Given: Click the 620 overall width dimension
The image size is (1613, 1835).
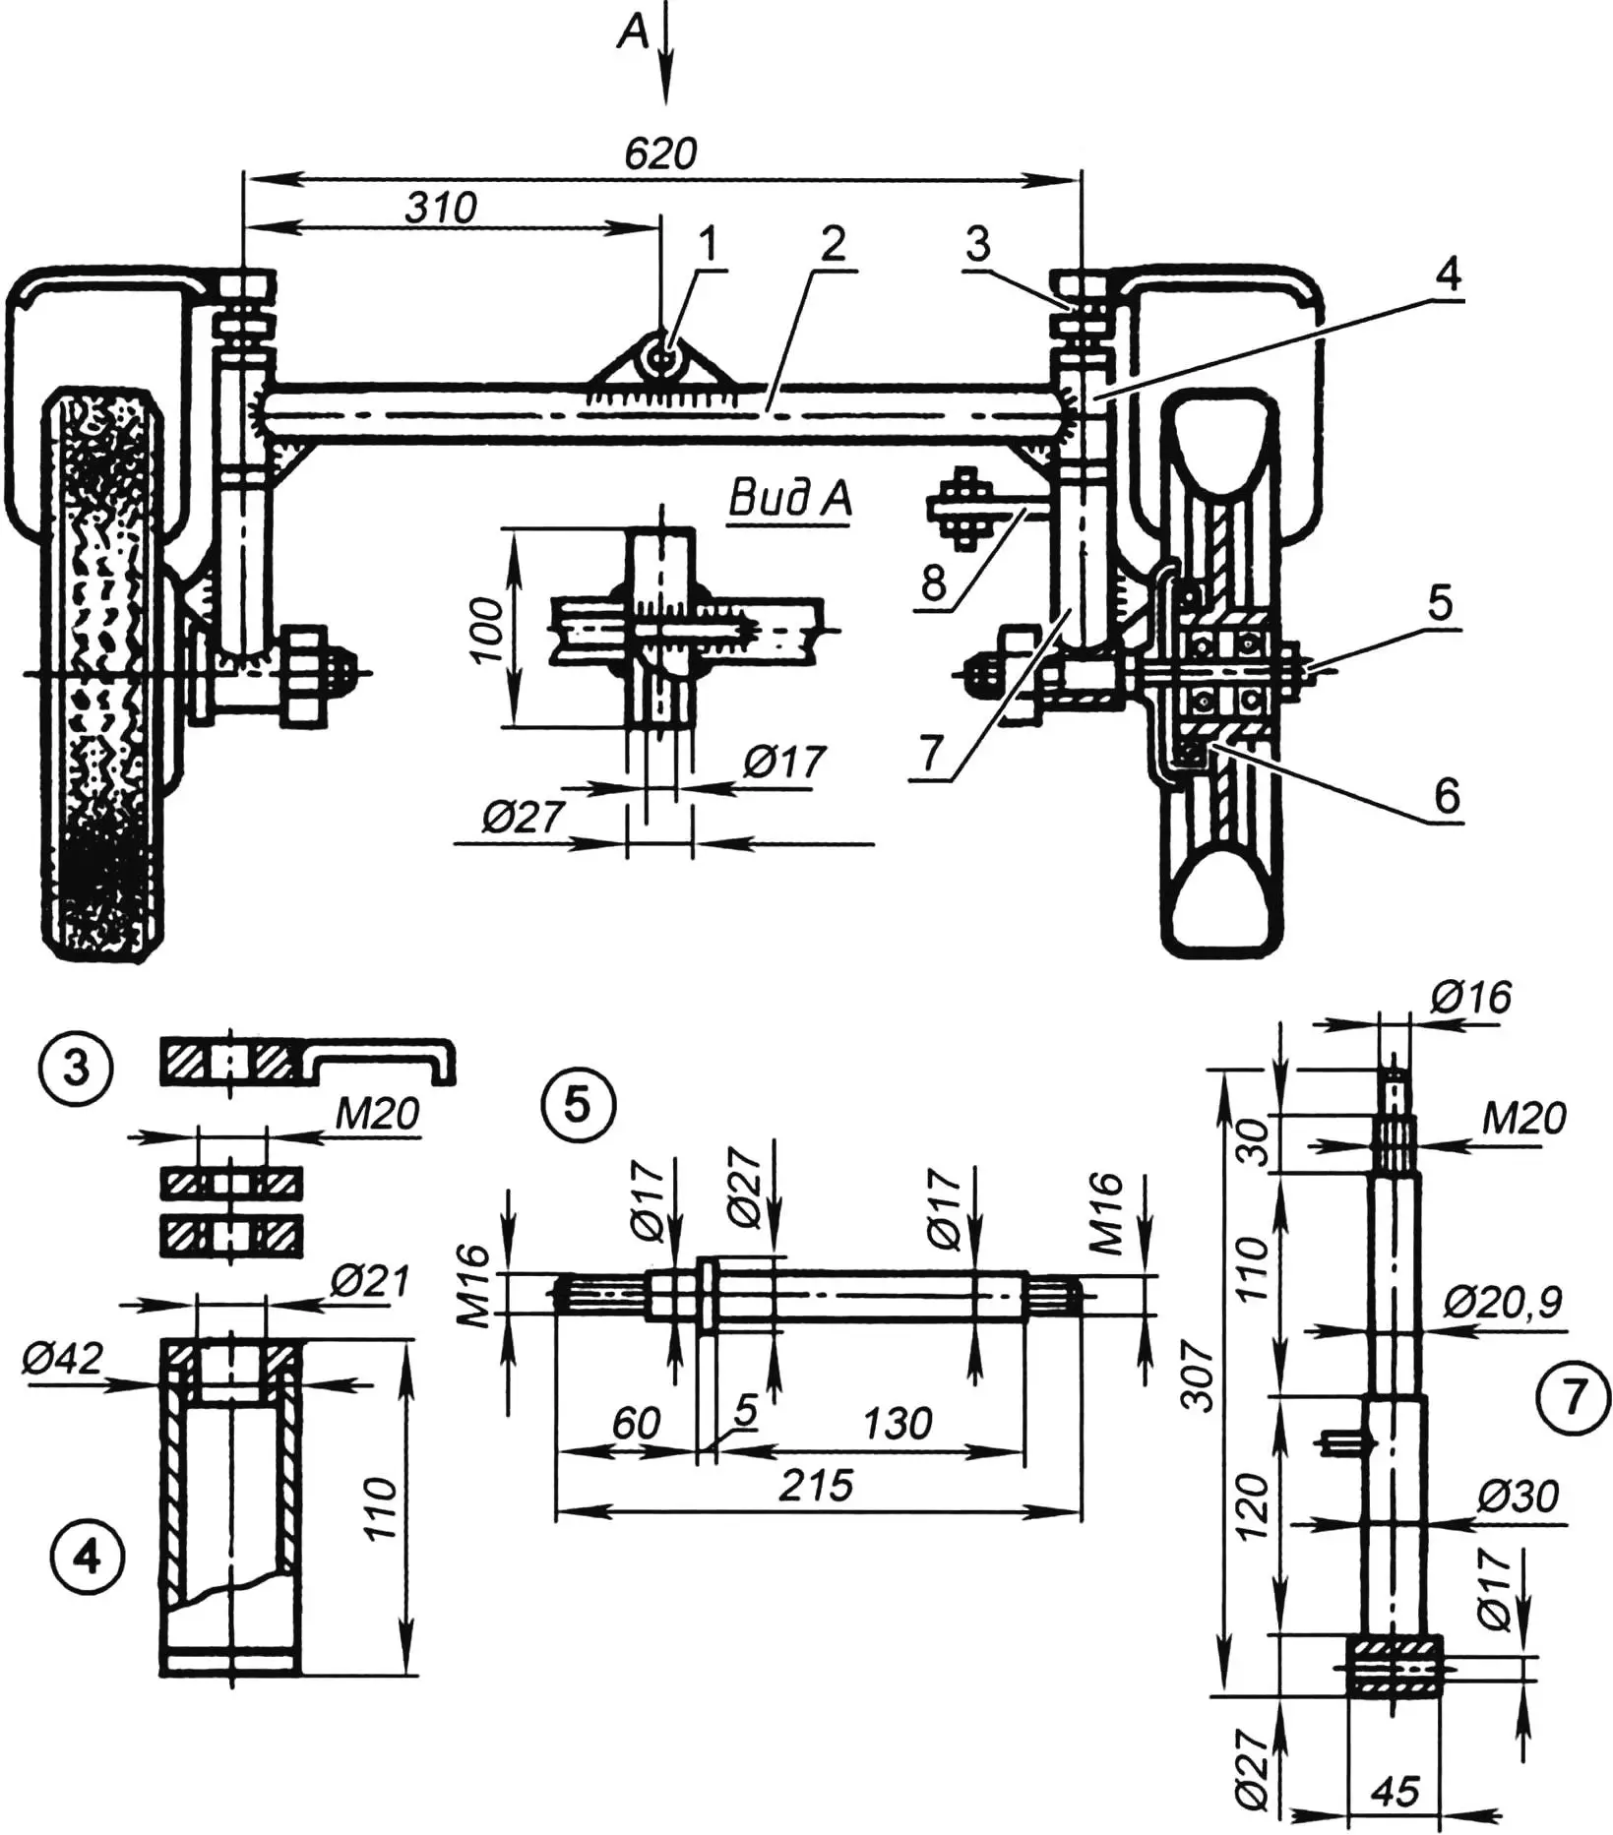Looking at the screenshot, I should point(660,153).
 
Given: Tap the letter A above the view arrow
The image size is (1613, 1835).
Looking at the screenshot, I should point(634,34).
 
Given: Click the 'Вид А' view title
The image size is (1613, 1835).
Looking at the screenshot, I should point(789,501).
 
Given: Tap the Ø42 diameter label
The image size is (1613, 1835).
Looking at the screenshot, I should point(61,1360).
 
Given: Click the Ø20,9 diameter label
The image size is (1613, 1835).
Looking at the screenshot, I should point(1503,1304).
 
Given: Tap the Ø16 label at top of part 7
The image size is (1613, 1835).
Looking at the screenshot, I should point(1471,998).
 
